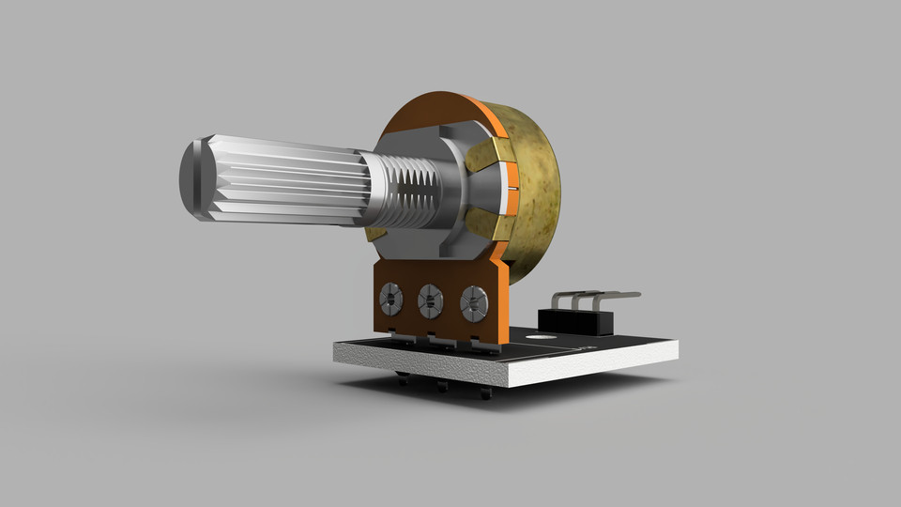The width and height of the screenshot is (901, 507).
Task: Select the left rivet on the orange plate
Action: (389, 300)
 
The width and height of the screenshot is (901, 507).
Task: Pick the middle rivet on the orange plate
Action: (430, 301)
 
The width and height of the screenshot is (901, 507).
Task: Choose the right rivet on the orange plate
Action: (472, 303)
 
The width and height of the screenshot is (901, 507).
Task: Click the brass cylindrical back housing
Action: (530, 197)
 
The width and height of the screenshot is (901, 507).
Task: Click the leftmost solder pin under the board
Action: (403, 379)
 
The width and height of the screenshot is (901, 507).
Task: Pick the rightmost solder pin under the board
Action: (484, 393)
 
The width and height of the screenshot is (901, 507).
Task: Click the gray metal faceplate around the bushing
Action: (441, 141)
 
